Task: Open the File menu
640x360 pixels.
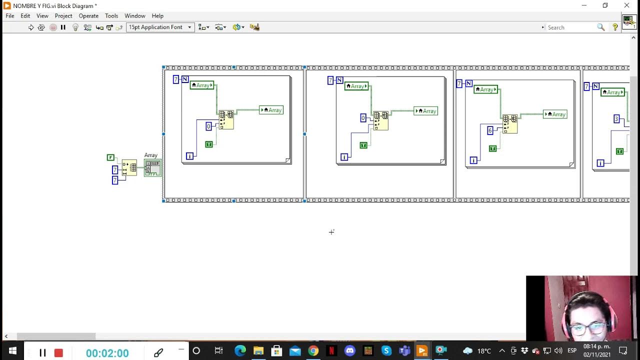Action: pyautogui.click(x=10, y=16)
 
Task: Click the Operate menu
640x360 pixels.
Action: pyautogui.click(x=88, y=16)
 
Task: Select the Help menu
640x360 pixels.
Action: pyautogui.click(x=157, y=16)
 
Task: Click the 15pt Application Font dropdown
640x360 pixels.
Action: pyautogui.click(x=160, y=27)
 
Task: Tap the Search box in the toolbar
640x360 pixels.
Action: pyautogui.click(x=570, y=27)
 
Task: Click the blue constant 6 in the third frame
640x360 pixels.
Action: pyautogui.click(x=490, y=130)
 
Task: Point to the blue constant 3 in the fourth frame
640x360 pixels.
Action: pyautogui.click(x=616, y=119)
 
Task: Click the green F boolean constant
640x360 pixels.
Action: pyautogui.click(x=110, y=157)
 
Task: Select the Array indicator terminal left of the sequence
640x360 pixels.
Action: pyautogui.click(x=152, y=167)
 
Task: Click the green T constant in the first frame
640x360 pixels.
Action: pyautogui.click(x=209, y=144)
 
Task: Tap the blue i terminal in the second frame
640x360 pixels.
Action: pyautogui.click(x=344, y=157)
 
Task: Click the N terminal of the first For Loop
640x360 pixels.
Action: pyautogui.click(x=185, y=79)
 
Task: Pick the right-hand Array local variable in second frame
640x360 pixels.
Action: pyautogui.click(x=425, y=111)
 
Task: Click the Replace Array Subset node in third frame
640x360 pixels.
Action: pyautogui.click(x=510, y=123)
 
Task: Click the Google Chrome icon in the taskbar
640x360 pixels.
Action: pyautogui.click(x=313, y=351)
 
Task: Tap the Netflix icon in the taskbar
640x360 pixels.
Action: pyautogui.click(x=331, y=351)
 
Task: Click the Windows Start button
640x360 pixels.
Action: pyautogui.click(x=12, y=351)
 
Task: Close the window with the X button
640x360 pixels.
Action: pyautogui.click(x=626, y=5)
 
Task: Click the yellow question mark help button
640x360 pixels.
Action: pyautogui.click(x=615, y=27)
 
